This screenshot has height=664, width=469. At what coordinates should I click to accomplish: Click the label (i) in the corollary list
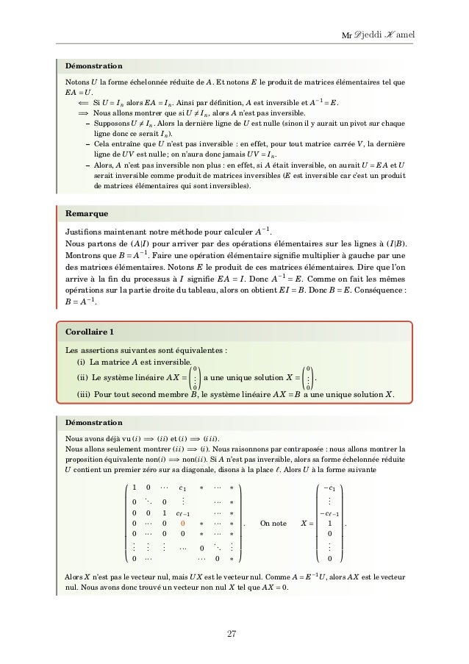coord(81,361)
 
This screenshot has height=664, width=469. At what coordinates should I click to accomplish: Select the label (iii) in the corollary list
coord(83,393)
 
